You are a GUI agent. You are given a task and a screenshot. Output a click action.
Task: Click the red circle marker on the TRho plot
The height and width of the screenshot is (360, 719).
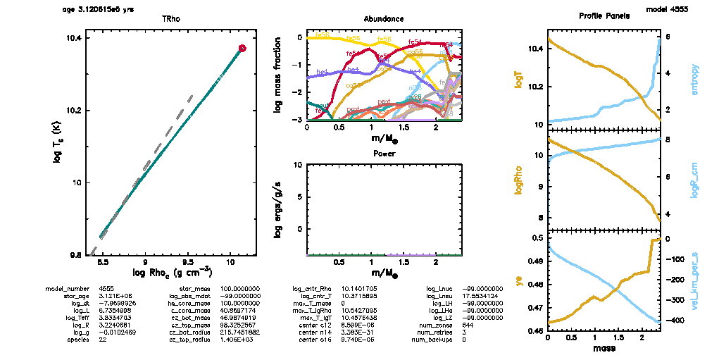(242, 49)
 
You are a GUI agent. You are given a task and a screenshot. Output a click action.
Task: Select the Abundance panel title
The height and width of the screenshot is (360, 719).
(384, 18)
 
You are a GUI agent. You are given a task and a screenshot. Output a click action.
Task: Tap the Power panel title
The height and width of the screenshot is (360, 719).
(384, 153)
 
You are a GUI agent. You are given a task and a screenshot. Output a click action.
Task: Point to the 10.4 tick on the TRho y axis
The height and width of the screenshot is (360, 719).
(73, 39)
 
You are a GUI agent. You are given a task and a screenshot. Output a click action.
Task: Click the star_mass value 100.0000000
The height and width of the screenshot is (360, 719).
(240, 289)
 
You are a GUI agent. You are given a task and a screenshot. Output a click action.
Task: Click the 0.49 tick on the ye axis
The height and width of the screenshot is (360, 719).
(537, 261)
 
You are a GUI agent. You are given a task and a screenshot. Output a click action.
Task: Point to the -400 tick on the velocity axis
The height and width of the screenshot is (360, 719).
(673, 321)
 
